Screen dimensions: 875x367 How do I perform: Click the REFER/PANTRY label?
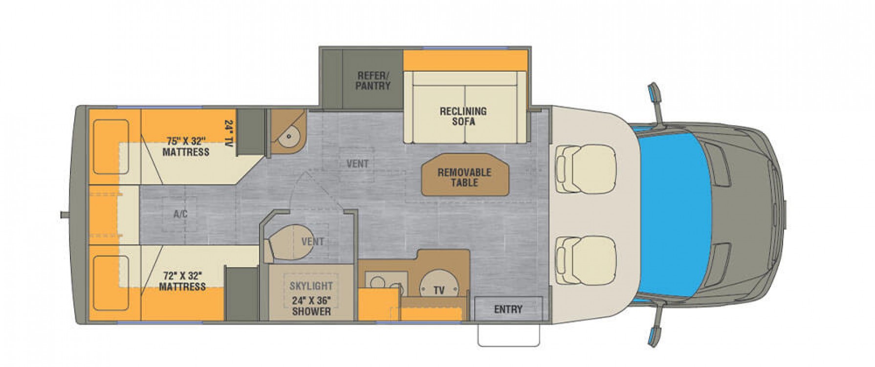coord(373,81)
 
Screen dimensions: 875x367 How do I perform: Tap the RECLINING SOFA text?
coord(463,116)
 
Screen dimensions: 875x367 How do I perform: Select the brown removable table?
coord(465,175)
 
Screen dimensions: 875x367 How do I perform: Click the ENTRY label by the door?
coord(508,309)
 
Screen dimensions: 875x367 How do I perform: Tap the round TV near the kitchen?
coord(439,284)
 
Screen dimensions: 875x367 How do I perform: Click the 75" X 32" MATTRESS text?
coord(186,146)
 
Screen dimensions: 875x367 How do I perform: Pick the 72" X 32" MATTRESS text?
coord(182,281)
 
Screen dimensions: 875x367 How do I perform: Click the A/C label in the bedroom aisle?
coord(180,214)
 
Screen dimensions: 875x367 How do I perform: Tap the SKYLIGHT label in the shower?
coord(311,286)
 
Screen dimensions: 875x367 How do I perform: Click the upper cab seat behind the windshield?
coord(585,163)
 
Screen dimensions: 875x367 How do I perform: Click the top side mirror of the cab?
coord(654,94)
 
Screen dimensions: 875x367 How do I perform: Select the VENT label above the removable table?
coord(357,163)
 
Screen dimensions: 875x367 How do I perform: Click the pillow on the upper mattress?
coord(111,146)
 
